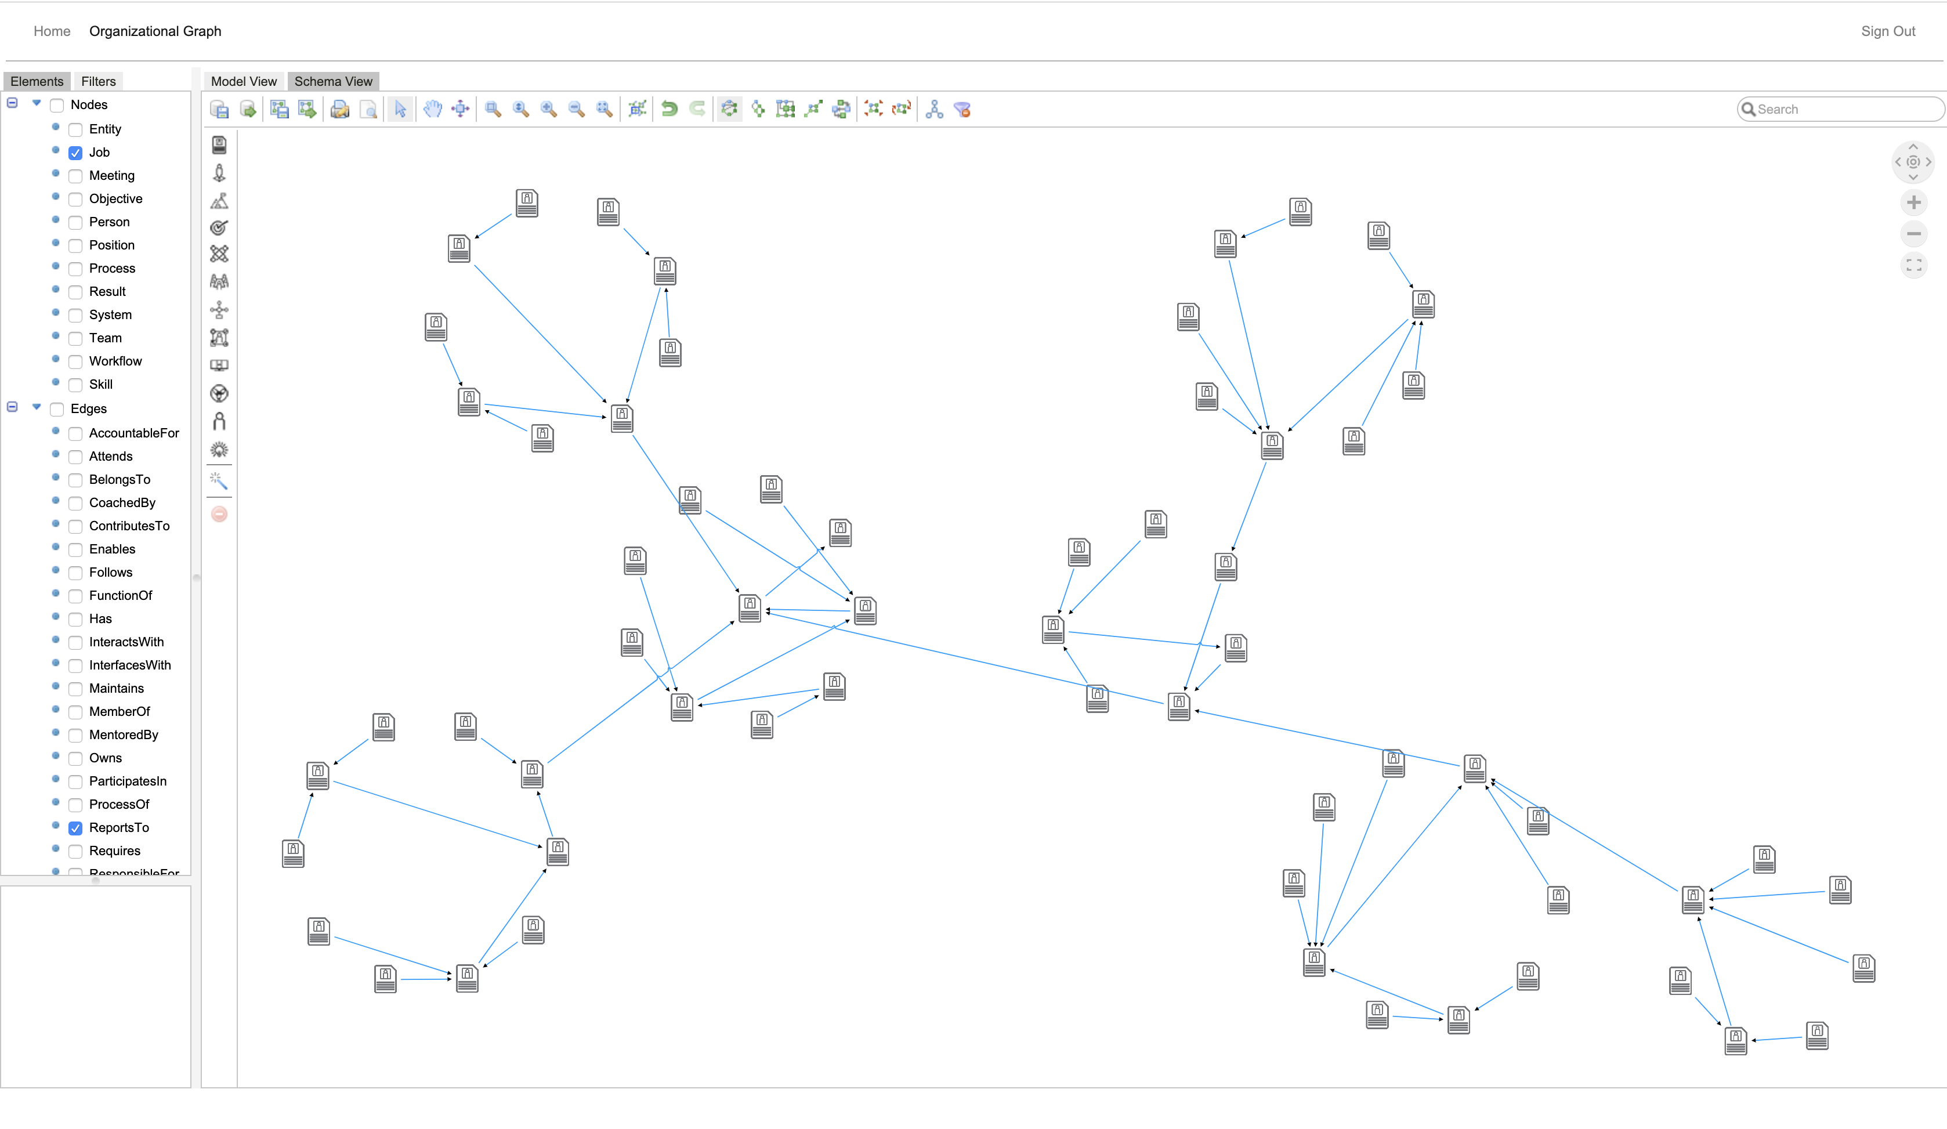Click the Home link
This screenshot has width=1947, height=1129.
click(52, 31)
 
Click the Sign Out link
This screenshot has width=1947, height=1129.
click(1887, 31)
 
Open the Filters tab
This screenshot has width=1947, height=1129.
click(98, 81)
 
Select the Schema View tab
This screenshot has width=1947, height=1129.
click(333, 81)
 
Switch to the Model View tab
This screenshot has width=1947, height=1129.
click(244, 81)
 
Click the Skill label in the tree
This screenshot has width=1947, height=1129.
click(100, 384)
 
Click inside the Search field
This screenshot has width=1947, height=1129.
click(1847, 109)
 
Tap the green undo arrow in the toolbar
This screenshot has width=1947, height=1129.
click(669, 109)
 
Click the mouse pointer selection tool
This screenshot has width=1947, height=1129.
click(400, 109)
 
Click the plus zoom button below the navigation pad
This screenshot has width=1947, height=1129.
click(1913, 202)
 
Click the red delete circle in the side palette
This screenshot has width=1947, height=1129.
click(219, 514)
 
